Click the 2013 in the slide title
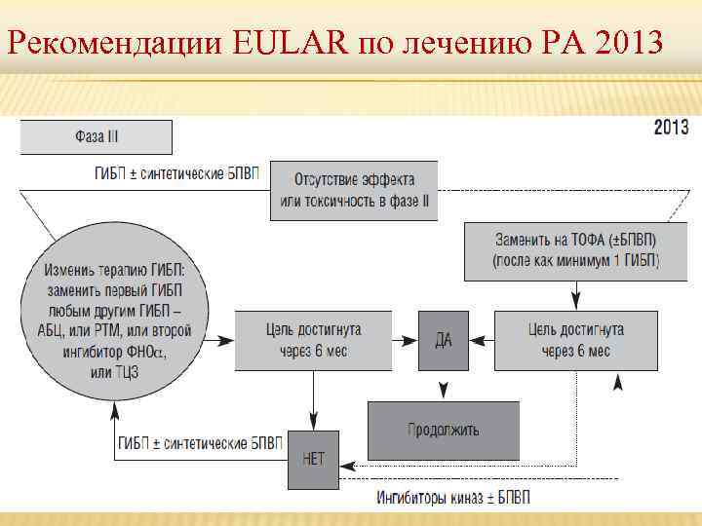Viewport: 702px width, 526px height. click(626, 44)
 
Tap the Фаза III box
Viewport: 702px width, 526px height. click(96, 136)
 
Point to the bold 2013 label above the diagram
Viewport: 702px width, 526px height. click(670, 128)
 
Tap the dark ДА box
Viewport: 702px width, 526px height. click(443, 341)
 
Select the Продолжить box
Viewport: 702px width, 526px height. click(443, 430)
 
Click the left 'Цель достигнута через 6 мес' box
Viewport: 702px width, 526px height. click(312, 340)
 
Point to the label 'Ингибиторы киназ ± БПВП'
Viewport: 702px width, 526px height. click(453, 499)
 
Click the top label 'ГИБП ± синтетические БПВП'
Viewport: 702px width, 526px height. click(176, 174)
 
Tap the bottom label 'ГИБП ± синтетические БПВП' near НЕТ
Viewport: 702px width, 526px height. click(200, 443)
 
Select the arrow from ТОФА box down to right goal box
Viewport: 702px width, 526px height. click(576, 293)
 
